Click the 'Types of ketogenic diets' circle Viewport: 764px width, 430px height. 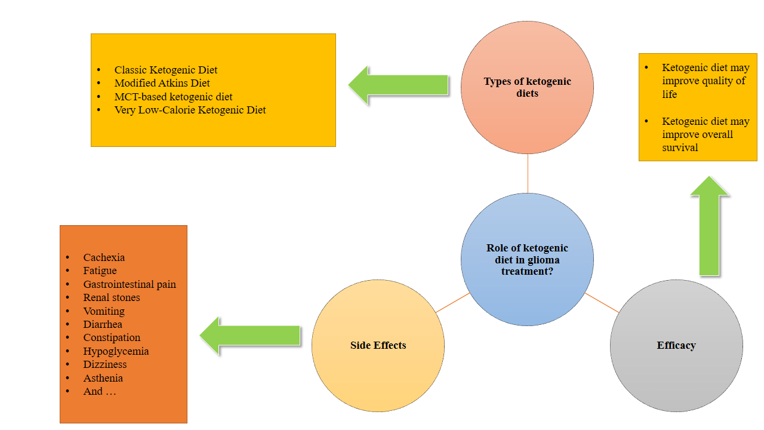point(527,87)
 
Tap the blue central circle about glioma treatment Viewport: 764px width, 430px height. point(527,259)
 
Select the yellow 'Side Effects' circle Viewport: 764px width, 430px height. point(378,345)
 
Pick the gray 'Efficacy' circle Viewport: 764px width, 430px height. point(676,345)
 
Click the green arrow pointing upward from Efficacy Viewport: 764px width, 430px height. point(709,227)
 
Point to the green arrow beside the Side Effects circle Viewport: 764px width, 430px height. point(251,335)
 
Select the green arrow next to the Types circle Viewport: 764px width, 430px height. point(399,85)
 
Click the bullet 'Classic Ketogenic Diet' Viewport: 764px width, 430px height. point(166,70)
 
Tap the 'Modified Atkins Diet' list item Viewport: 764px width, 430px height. point(162,83)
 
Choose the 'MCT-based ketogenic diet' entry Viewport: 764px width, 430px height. point(173,97)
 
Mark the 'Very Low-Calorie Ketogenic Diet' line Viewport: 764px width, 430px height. point(190,110)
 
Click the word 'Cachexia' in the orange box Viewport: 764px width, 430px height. point(104,257)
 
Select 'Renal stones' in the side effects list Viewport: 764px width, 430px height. point(112,297)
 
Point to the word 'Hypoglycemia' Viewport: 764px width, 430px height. point(116,351)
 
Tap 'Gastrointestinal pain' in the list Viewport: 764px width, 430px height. point(130,284)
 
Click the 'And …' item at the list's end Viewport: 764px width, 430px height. point(100,392)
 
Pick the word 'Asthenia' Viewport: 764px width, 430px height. point(103,378)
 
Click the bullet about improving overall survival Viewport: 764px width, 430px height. point(705,134)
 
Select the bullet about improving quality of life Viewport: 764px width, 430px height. point(705,81)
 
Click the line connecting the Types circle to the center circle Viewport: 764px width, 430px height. point(528,173)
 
